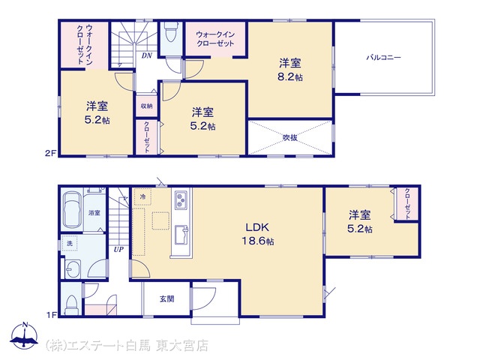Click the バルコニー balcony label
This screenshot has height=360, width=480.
click(x=383, y=58)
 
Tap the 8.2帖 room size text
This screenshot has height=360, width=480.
click(x=290, y=76)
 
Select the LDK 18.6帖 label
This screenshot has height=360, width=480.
click(x=258, y=234)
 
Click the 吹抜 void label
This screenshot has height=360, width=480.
click(x=289, y=137)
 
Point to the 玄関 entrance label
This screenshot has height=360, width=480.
click(x=166, y=298)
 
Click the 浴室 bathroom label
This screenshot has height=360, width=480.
click(x=94, y=212)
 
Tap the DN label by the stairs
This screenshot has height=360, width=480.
click(x=147, y=55)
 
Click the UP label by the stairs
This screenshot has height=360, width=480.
click(x=118, y=250)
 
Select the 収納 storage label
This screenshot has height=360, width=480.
click(x=147, y=106)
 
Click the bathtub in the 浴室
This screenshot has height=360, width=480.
click(x=72, y=210)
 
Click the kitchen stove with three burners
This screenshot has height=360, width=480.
click(x=181, y=200)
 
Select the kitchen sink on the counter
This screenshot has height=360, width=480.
click(x=181, y=235)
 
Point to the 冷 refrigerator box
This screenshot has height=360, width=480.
click(x=142, y=196)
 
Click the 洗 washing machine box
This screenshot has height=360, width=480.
click(x=70, y=244)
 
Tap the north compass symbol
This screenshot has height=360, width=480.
click(x=24, y=336)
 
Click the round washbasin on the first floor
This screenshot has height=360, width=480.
click(x=73, y=269)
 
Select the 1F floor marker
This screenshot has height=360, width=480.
click(x=52, y=314)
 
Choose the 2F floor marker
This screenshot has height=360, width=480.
click(x=51, y=153)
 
